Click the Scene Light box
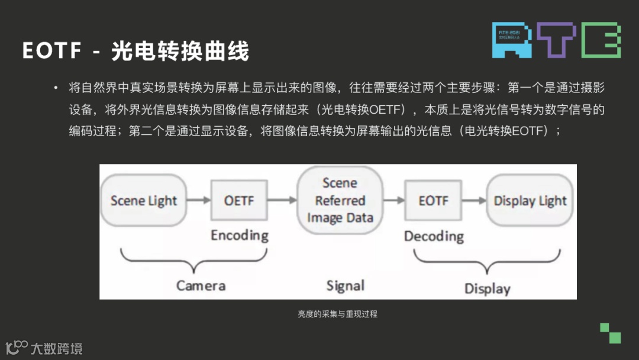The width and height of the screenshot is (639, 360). (144, 201)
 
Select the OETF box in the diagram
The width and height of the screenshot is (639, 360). (239, 201)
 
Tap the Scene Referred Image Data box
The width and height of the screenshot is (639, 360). (340, 200)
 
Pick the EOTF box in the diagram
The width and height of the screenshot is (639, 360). (433, 201)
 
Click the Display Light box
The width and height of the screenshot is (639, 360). (530, 201)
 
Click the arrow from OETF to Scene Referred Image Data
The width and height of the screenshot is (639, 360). (282, 201)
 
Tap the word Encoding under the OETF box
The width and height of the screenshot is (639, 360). (239, 235)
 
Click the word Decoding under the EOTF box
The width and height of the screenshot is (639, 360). (434, 236)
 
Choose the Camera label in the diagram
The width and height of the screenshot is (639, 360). (201, 286)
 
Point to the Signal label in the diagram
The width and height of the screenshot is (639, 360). (346, 286)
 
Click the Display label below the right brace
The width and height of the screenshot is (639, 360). (487, 289)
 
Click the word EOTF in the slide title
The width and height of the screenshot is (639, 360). (52, 51)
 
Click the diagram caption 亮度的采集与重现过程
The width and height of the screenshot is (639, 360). (337, 314)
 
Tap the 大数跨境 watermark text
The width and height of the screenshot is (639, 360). (56, 348)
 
